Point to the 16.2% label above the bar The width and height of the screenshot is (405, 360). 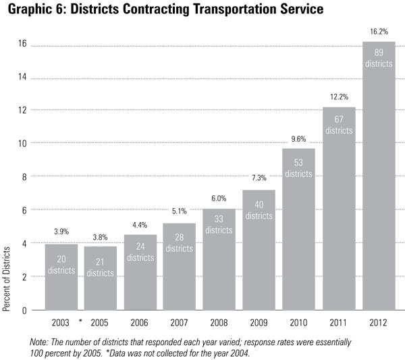tap(379, 31)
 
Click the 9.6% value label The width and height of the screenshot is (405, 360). tap(299, 138)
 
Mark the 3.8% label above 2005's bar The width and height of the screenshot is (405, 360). tap(101, 236)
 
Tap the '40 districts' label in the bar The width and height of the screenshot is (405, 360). tap(259, 210)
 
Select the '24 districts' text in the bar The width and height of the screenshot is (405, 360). tap(140, 252)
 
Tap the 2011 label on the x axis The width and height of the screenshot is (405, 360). tap(339, 322)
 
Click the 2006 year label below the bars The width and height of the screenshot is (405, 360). tap(140, 322)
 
